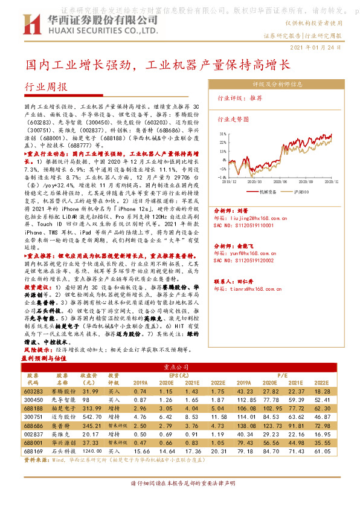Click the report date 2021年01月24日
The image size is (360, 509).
315,47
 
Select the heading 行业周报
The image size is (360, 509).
45,88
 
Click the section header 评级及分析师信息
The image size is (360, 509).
277,85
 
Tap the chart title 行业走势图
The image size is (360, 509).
233,120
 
